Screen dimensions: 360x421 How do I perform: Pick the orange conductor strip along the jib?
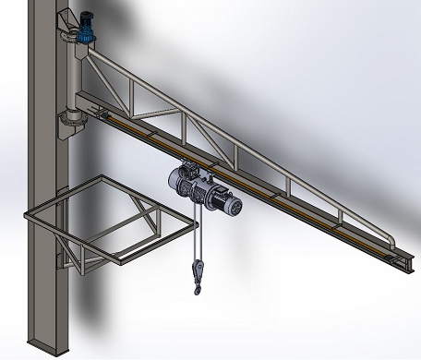pos(277,198)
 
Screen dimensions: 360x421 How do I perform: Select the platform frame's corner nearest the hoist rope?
pos(197,221)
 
